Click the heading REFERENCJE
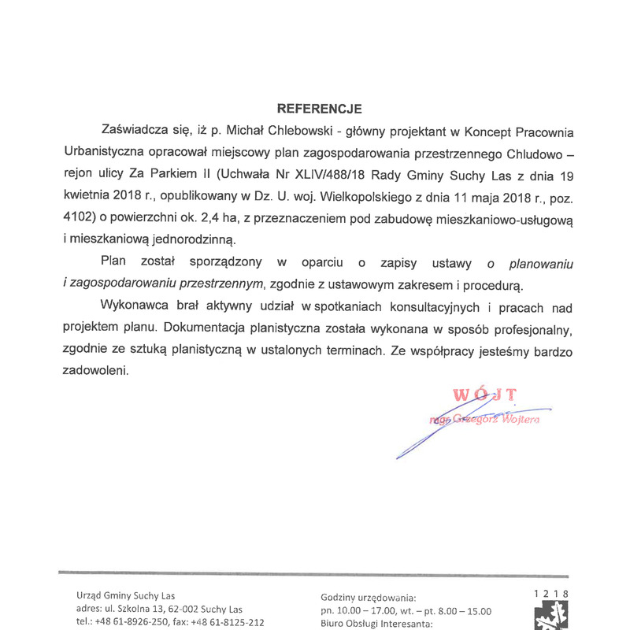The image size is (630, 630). coord(318,108)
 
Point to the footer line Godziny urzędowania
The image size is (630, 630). coord(369,598)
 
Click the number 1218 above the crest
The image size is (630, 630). coord(550,595)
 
